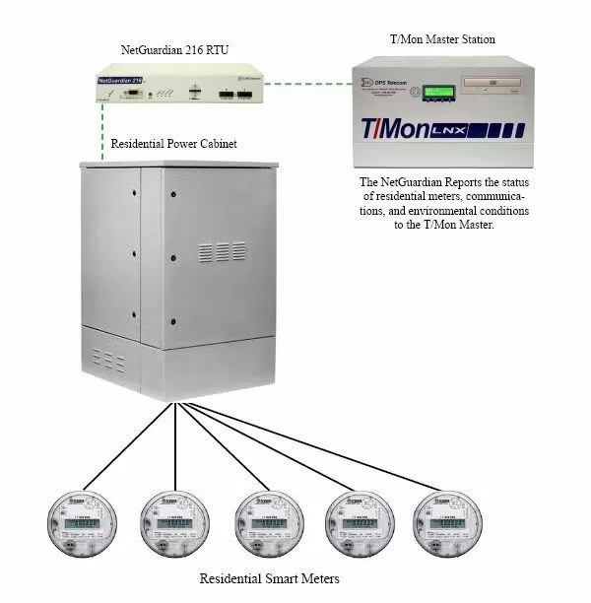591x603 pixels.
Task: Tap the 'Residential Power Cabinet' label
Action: pos(174,145)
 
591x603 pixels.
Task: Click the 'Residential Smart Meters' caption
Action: pos(269,578)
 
